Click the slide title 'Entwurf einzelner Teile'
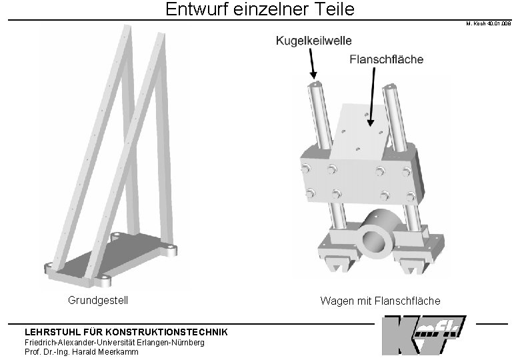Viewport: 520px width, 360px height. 260,10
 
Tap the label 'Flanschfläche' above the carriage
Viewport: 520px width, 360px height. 386,60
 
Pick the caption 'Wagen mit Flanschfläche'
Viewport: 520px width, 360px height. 380,301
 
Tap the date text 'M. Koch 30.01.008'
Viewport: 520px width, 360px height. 489,25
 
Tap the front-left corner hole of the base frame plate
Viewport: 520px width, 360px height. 104,277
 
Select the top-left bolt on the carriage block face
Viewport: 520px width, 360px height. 308,168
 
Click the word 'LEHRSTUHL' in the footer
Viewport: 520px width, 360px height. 49,332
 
